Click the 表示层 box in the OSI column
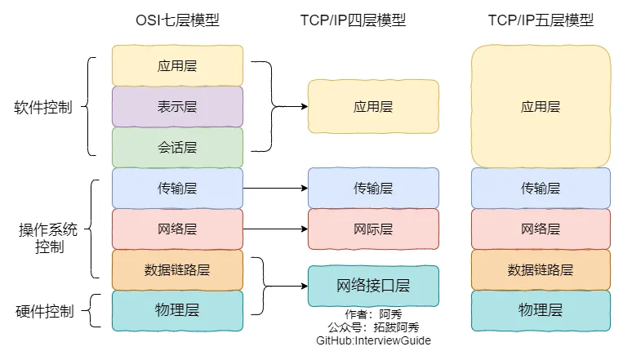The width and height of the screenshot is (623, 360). coord(177,106)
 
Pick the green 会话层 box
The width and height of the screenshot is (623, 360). coord(177,147)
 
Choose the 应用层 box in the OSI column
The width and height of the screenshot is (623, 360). coord(177,65)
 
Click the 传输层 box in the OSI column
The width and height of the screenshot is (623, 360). coord(177,188)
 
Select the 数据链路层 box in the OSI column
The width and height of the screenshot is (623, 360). coord(177,269)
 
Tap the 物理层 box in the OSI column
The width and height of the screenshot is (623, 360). coord(177,310)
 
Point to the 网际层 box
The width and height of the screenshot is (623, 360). coord(373,229)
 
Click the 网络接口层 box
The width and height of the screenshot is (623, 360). coord(373,286)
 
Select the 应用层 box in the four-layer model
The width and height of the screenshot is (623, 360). coord(373,106)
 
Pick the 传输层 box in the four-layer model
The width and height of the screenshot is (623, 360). coord(373,188)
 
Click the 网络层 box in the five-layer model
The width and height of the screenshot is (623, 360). coord(541,229)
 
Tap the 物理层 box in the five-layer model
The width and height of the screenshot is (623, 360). coord(541,310)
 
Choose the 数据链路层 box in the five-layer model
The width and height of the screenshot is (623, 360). coord(541,269)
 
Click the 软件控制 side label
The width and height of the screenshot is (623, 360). coord(43,107)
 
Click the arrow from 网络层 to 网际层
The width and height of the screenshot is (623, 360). coord(275,229)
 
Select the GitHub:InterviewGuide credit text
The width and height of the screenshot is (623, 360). coord(373,340)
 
